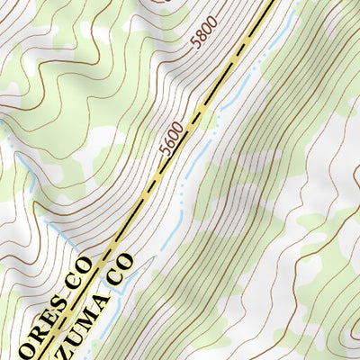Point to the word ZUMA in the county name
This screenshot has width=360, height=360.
coord(80,327)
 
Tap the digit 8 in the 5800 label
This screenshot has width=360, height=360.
coord(200,40)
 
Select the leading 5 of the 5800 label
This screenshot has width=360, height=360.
coord(194,46)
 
